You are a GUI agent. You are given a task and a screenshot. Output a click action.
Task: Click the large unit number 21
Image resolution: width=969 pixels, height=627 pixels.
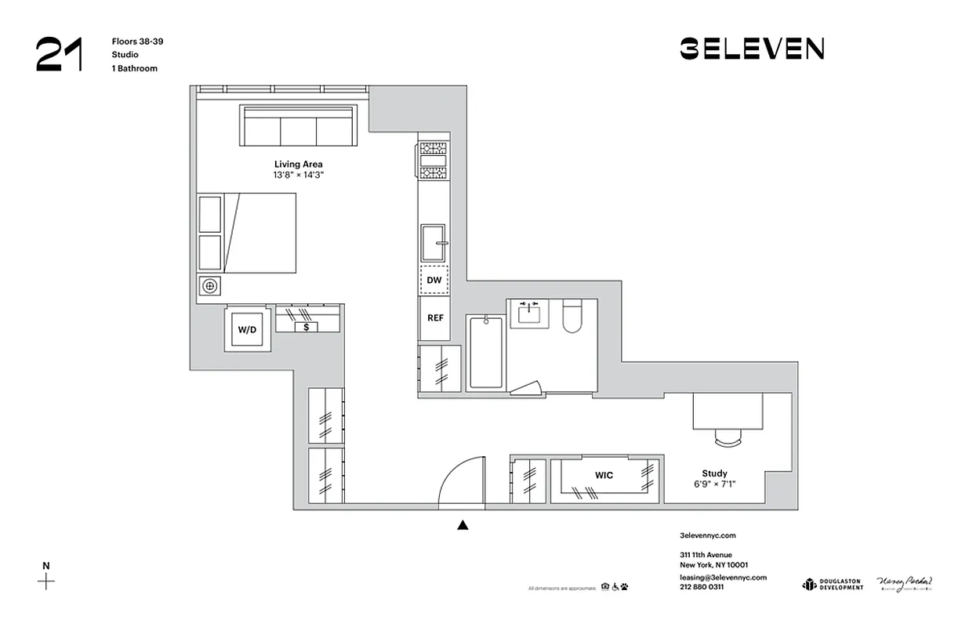coord(58,54)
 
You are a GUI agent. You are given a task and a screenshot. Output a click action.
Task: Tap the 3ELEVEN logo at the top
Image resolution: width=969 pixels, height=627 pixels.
coord(751,49)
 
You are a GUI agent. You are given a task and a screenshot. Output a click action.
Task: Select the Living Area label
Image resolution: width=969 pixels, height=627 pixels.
coord(298,165)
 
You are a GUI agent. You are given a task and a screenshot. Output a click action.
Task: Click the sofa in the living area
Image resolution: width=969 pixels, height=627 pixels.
coord(298,126)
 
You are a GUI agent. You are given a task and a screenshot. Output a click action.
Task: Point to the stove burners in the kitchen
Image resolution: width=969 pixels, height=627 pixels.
coord(432,161)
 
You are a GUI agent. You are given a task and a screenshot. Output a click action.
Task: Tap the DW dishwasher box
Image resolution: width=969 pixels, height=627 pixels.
coord(434,280)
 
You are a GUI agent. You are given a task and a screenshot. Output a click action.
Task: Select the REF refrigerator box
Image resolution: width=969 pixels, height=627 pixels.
coord(435,318)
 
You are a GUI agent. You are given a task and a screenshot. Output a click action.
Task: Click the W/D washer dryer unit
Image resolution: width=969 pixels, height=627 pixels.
coord(247,330)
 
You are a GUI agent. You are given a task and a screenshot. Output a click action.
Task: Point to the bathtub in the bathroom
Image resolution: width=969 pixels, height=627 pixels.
coord(486,352)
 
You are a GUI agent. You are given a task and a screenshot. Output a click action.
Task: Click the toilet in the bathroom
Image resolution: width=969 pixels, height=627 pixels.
coord(572,317)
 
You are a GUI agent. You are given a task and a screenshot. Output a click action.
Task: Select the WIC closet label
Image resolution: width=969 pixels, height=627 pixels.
coord(604,475)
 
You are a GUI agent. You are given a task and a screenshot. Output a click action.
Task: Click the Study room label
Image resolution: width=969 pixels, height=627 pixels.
coord(714,473)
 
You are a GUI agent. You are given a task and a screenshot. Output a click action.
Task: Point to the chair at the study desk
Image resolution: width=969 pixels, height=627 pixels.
coord(728,437)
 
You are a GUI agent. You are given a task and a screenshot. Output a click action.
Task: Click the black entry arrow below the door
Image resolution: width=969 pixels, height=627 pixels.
coord(463,525)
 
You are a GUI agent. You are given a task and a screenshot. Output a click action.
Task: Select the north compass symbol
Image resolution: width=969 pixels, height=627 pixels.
coord(47,581)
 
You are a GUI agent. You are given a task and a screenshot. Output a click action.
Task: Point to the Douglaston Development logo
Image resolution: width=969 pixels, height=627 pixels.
coord(832,584)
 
